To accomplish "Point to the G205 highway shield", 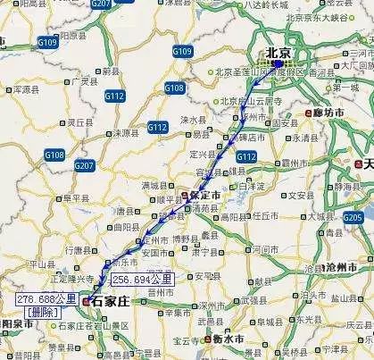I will [353, 217].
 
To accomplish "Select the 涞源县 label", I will [136, 132].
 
